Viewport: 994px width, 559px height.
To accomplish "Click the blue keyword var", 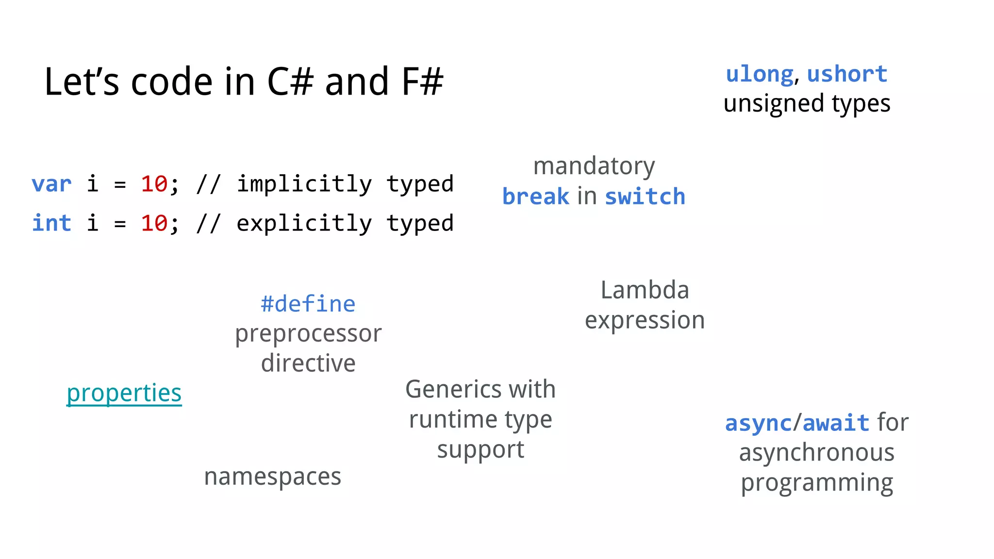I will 51,184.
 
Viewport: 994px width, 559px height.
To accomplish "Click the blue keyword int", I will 51,224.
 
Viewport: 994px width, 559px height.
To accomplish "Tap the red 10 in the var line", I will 154,184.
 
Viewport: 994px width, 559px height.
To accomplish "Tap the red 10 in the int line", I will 154,224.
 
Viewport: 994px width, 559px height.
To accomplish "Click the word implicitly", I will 304,184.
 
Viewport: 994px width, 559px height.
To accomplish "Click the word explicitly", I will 304,224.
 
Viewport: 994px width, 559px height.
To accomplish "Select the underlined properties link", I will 124,393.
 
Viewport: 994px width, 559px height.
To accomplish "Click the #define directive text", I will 308,304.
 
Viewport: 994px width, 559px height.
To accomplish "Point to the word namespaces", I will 272,477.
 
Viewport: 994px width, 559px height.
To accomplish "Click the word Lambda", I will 645,290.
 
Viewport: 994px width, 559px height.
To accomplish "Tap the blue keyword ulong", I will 760,74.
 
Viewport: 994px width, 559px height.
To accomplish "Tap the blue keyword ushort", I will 847,74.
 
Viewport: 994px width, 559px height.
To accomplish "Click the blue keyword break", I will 535,197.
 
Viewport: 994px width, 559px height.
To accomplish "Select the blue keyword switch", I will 645,197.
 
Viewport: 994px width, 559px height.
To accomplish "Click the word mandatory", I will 594,166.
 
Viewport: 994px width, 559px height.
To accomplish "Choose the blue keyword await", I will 836,423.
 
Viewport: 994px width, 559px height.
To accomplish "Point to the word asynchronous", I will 816,453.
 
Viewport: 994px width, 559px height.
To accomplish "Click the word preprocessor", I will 308,334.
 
